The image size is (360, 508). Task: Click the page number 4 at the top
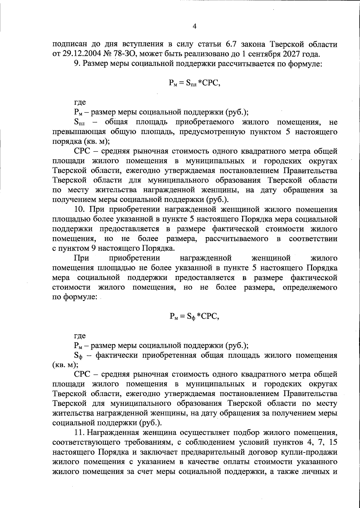194,26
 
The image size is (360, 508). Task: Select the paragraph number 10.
78,209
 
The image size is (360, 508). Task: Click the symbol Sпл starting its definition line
79,122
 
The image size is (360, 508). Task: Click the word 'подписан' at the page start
67,44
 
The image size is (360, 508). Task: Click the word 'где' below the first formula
79,103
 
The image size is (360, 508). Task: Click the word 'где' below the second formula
79,335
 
